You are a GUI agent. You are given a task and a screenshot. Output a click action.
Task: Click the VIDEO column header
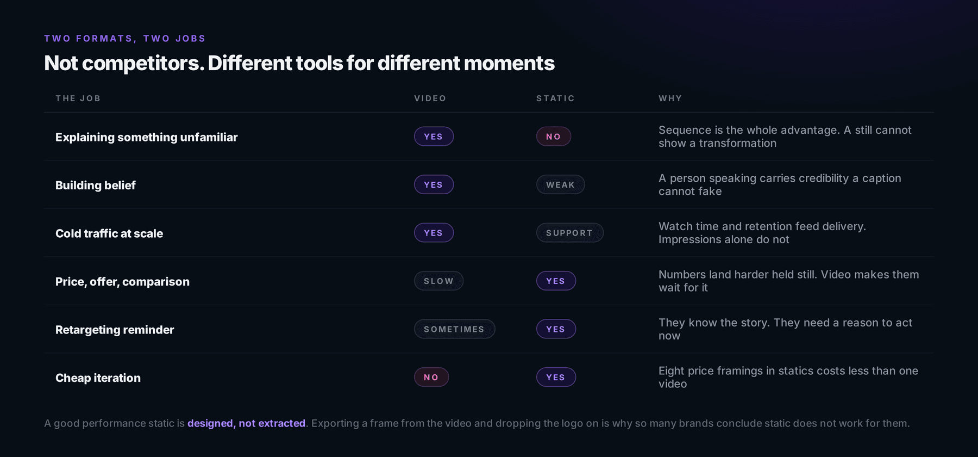pyautogui.click(x=430, y=98)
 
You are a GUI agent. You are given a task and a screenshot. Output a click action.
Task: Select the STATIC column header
pyautogui.click(x=555, y=98)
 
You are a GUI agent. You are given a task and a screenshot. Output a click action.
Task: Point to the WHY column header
pyautogui.click(x=670, y=98)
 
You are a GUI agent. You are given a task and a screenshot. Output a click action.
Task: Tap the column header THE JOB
pyautogui.click(x=78, y=98)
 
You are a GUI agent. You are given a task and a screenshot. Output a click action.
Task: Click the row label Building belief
pyautogui.click(x=96, y=185)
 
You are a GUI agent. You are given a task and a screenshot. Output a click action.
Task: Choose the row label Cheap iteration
pyautogui.click(x=98, y=378)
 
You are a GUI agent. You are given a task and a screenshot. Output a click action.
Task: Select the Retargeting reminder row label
pyautogui.click(x=115, y=330)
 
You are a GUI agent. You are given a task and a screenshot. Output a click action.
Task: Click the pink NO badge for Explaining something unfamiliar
pyautogui.click(x=554, y=137)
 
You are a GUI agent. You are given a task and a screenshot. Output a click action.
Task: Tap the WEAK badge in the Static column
pyautogui.click(x=560, y=184)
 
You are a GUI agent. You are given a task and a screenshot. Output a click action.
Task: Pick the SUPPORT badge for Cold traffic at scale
pyautogui.click(x=569, y=233)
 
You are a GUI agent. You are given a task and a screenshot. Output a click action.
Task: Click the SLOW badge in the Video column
pyautogui.click(x=438, y=281)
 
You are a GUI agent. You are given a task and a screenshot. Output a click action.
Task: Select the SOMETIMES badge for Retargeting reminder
pyautogui.click(x=454, y=329)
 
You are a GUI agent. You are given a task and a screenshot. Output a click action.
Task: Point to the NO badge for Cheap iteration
pyautogui.click(x=431, y=377)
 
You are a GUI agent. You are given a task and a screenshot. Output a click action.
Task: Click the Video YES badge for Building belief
pyautogui.click(x=434, y=184)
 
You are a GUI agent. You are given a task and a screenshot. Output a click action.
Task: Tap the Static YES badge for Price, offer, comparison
pyautogui.click(x=556, y=281)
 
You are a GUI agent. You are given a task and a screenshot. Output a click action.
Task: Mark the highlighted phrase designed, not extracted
pyautogui.click(x=247, y=423)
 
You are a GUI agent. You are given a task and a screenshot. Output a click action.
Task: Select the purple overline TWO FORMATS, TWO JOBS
pyautogui.click(x=125, y=39)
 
